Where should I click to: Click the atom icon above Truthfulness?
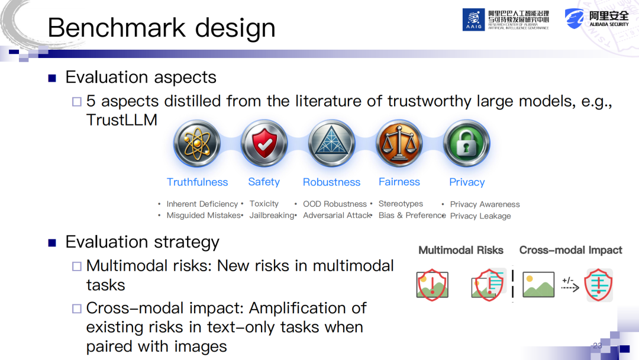pos(197,143)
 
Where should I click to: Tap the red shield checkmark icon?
pos(264,143)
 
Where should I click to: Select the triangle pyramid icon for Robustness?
pos(332,143)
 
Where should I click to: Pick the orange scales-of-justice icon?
pos(399,143)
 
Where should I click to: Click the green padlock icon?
pos(467,143)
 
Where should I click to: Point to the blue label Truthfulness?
pos(197,182)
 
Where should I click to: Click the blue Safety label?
pos(264,182)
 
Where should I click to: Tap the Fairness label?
pos(399,182)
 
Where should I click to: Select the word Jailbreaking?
pos(272,216)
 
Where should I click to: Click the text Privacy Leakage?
pos(480,216)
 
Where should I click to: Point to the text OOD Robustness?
pos(335,204)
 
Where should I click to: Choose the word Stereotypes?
pos(401,204)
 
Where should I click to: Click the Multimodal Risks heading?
pos(461,250)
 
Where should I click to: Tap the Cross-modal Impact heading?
pos(570,250)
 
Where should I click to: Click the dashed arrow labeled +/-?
pos(570,288)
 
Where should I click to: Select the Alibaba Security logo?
pos(596,19)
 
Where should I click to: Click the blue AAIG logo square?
pos(473,20)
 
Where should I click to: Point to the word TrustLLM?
pos(121,120)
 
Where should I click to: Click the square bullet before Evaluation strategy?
pos(52,243)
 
